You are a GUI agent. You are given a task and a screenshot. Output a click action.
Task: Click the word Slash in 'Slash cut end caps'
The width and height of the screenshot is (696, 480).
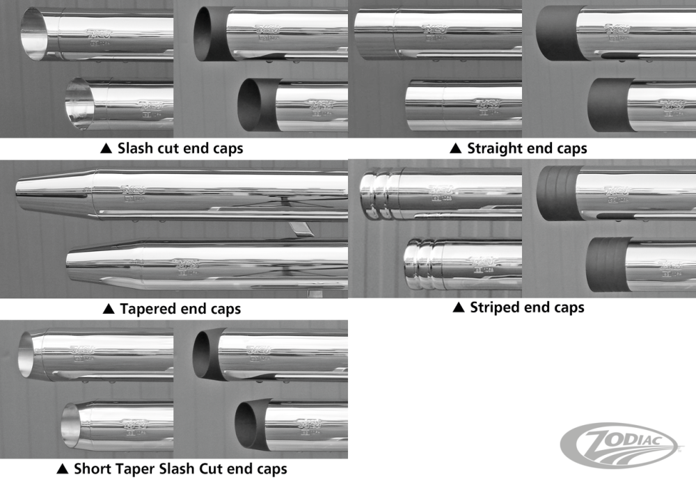[135, 148]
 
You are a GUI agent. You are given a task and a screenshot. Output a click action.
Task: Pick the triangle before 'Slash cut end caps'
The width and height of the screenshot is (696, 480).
[106, 148]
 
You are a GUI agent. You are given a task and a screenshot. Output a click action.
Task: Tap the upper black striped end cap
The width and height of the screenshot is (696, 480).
[556, 194]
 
